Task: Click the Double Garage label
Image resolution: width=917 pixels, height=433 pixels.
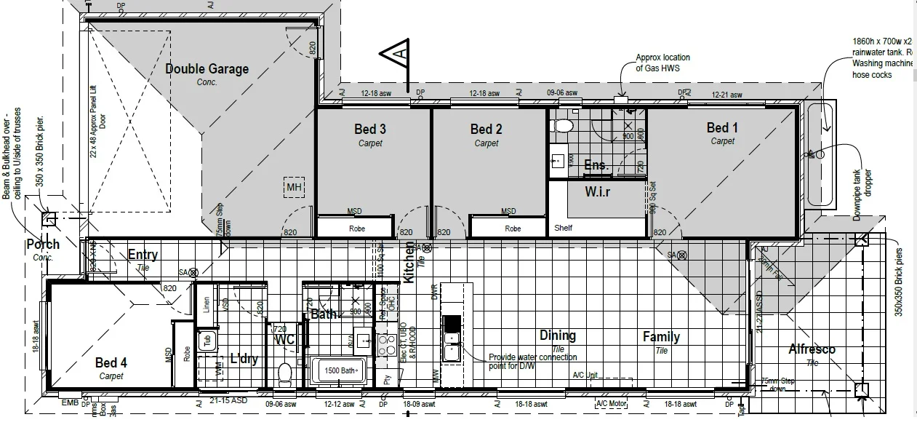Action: tap(207, 69)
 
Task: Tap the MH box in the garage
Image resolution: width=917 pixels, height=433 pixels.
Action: tap(294, 188)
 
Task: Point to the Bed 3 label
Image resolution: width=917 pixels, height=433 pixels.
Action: tap(370, 130)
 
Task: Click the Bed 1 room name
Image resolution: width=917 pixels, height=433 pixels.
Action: tap(722, 128)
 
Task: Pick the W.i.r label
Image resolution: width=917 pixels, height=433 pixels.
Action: tap(598, 192)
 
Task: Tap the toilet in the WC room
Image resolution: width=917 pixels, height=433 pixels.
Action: tap(284, 373)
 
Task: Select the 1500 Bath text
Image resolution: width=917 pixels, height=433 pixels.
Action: tap(340, 370)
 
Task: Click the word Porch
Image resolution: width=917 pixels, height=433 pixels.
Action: tap(43, 244)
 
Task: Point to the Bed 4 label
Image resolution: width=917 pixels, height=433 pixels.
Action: tap(111, 362)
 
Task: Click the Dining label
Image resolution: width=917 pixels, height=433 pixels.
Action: tap(557, 335)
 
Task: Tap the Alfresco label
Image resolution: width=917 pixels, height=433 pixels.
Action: tap(812, 349)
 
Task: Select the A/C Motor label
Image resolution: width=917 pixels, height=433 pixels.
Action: tap(611, 403)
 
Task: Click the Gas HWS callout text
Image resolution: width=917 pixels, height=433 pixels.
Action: tap(662, 63)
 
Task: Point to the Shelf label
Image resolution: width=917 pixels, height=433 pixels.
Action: tap(563, 228)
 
